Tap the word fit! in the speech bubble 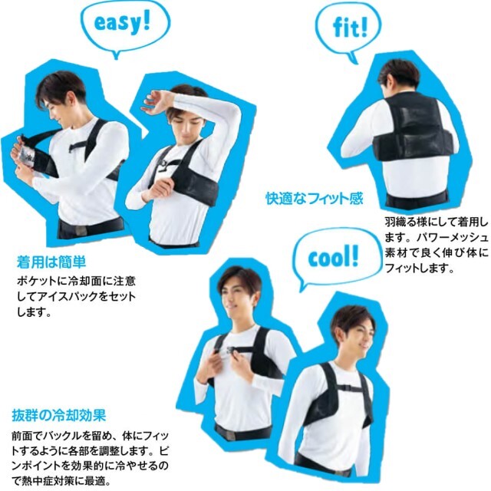350,28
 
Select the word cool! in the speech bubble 333,259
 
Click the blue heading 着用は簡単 51,262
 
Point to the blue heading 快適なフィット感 315,198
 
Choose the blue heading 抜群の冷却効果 59,416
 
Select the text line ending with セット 76,296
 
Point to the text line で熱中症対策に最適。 61,480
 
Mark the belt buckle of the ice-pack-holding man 80,230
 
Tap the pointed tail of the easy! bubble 117,56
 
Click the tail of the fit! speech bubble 353,60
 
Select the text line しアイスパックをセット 76,296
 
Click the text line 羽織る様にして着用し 437,222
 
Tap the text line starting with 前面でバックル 91,435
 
